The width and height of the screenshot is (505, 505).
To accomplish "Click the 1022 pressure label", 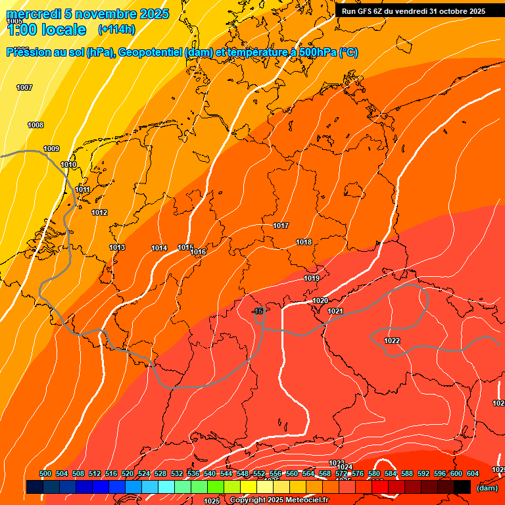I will (392, 341).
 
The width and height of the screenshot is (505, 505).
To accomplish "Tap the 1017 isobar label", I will (281, 226).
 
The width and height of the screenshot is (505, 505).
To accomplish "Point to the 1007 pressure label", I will (24, 87).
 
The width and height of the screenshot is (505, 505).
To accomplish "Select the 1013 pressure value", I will (117, 247).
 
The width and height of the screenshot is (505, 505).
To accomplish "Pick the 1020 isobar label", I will (320, 301).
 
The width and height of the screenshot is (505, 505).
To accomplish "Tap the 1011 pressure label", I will (82, 190).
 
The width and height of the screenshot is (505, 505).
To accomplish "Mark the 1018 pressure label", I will (304, 242).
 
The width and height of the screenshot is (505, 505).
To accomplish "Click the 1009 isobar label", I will (51, 149).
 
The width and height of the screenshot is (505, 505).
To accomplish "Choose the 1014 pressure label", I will (159, 248).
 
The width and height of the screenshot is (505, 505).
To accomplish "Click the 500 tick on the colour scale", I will (45, 473).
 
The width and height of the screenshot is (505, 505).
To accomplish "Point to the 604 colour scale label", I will (473, 473).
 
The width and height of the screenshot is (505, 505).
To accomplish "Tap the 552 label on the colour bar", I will (259, 473).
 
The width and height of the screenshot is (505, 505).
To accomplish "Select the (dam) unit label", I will (487, 488).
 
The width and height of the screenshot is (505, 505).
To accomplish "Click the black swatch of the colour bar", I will (462, 487).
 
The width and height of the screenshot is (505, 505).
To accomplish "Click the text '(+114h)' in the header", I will (116, 30).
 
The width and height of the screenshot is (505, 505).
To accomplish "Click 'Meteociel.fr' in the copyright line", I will (306, 500).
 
